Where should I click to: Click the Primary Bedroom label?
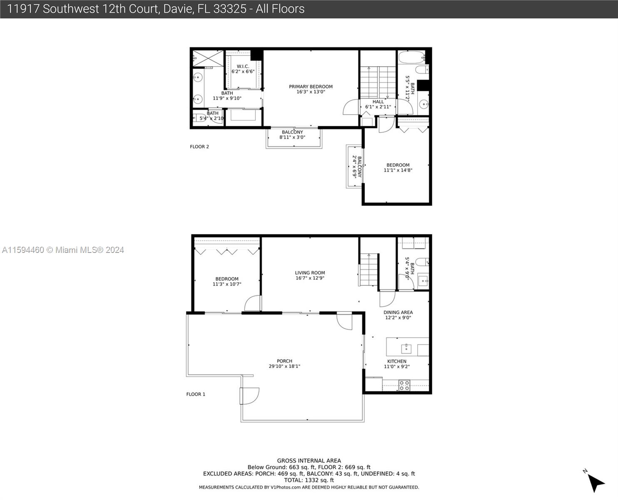(x=311, y=87)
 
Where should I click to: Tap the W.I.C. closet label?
(x=243, y=66)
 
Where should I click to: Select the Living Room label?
(x=310, y=273)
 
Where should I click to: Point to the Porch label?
(x=284, y=361)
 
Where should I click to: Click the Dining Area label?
(x=398, y=312)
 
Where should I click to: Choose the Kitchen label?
(x=396, y=361)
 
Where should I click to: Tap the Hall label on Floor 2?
(x=378, y=102)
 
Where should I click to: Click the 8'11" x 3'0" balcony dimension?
(x=292, y=137)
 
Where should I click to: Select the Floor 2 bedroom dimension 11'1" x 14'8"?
(x=398, y=170)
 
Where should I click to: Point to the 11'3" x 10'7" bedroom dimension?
(x=227, y=284)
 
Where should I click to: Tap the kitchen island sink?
(x=406, y=348)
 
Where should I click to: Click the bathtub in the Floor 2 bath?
(x=411, y=57)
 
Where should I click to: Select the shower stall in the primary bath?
(x=208, y=58)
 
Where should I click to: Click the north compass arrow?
(x=596, y=482)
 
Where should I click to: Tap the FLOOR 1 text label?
(x=196, y=394)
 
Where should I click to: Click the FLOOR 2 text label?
(x=199, y=147)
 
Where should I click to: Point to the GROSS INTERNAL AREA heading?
(x=309, y=460)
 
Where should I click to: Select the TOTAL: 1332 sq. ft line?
(x=309, y=480)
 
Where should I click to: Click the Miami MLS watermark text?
(x=63, y=250)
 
